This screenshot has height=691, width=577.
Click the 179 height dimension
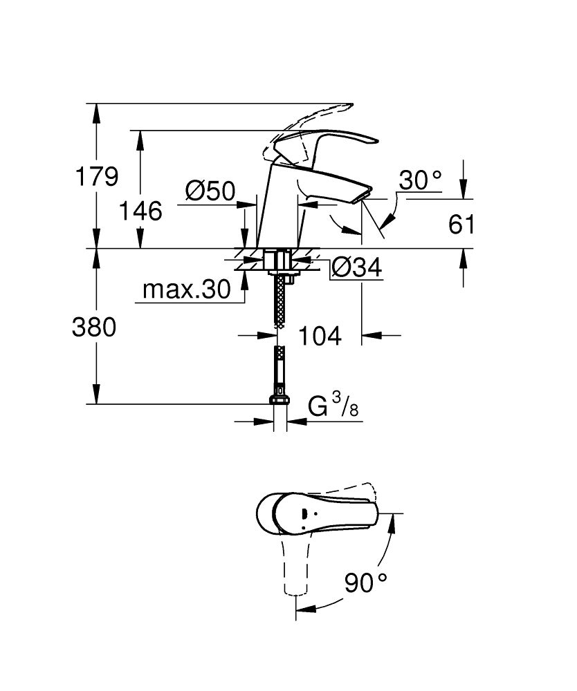(96, 177)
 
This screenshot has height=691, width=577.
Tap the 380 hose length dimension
(94, 328)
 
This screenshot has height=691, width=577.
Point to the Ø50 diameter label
(210, 190)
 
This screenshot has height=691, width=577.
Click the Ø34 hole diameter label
(356, 268)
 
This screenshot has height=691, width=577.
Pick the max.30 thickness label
(185, 290)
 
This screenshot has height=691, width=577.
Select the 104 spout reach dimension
(320, 336)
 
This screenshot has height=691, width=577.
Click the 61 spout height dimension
(462, 225)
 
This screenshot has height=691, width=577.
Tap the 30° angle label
(420, 182)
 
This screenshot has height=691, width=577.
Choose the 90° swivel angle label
(365, 585)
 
